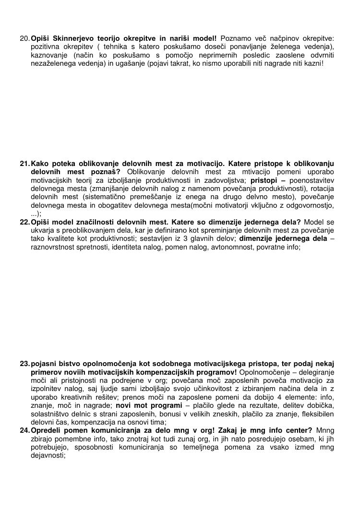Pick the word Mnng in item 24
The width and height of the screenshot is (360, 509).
[325, 430]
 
